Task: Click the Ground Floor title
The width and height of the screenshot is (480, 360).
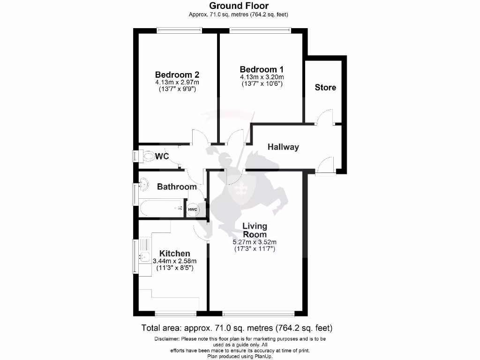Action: click(239, 6)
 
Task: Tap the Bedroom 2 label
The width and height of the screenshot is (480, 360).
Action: click(177, 75)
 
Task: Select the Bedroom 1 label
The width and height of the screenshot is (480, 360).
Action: click(262, 69)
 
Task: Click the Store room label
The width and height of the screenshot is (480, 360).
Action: click(325, 87)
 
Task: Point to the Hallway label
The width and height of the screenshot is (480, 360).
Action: click(283, 147)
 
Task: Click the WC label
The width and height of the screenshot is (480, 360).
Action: click(163, 156)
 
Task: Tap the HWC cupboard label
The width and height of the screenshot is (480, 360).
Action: click(193, 209)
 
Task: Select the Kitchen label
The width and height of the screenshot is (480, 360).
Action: click(174, 254)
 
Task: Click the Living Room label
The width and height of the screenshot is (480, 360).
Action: click(255, 230)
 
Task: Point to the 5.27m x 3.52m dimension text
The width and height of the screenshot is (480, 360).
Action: click(255, 242)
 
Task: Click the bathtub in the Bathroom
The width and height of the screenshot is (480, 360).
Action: click(161, 208)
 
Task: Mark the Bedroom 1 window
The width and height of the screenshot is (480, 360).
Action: click(260, 31)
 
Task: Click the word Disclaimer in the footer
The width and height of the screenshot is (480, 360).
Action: click(167, 339)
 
